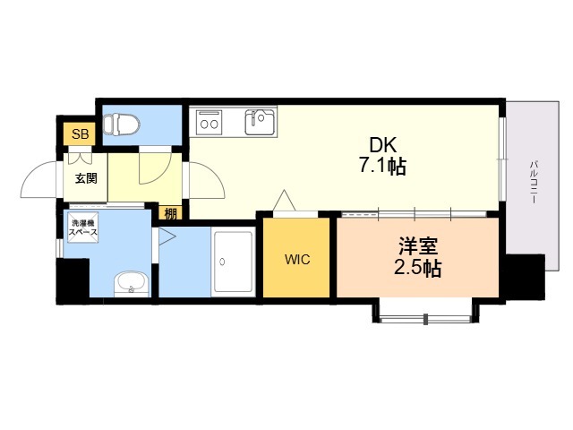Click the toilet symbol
122,124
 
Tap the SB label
80,133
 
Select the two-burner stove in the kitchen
209,122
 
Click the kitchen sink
261,122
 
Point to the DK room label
382,145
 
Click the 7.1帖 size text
382,167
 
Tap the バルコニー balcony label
534,182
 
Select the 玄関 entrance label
86,178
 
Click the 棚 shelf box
170,213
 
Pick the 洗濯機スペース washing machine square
83,227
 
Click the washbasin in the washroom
132,284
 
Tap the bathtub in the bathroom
233,262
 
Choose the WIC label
297,259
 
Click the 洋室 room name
418,245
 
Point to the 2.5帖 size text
418,269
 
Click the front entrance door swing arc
35,173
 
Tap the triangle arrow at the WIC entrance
285,200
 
